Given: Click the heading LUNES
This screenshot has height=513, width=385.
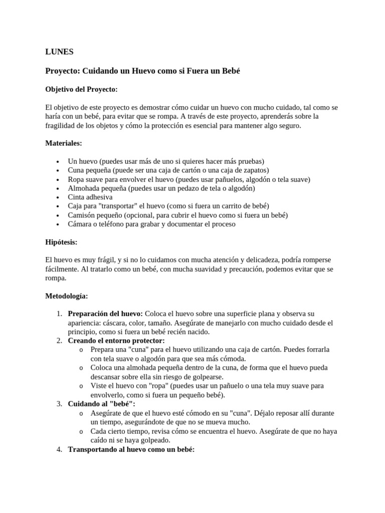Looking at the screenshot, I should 59,52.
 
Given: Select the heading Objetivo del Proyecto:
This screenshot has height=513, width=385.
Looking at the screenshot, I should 81,89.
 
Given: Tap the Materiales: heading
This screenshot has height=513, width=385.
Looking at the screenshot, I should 64,143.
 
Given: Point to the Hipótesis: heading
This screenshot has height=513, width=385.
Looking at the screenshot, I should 62,242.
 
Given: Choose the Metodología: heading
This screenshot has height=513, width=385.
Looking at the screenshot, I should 67,296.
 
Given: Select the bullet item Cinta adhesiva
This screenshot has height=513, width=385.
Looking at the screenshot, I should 90,197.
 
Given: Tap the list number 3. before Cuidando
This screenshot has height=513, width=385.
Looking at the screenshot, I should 59,404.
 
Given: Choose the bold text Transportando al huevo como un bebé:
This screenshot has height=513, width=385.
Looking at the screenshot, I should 131,449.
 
